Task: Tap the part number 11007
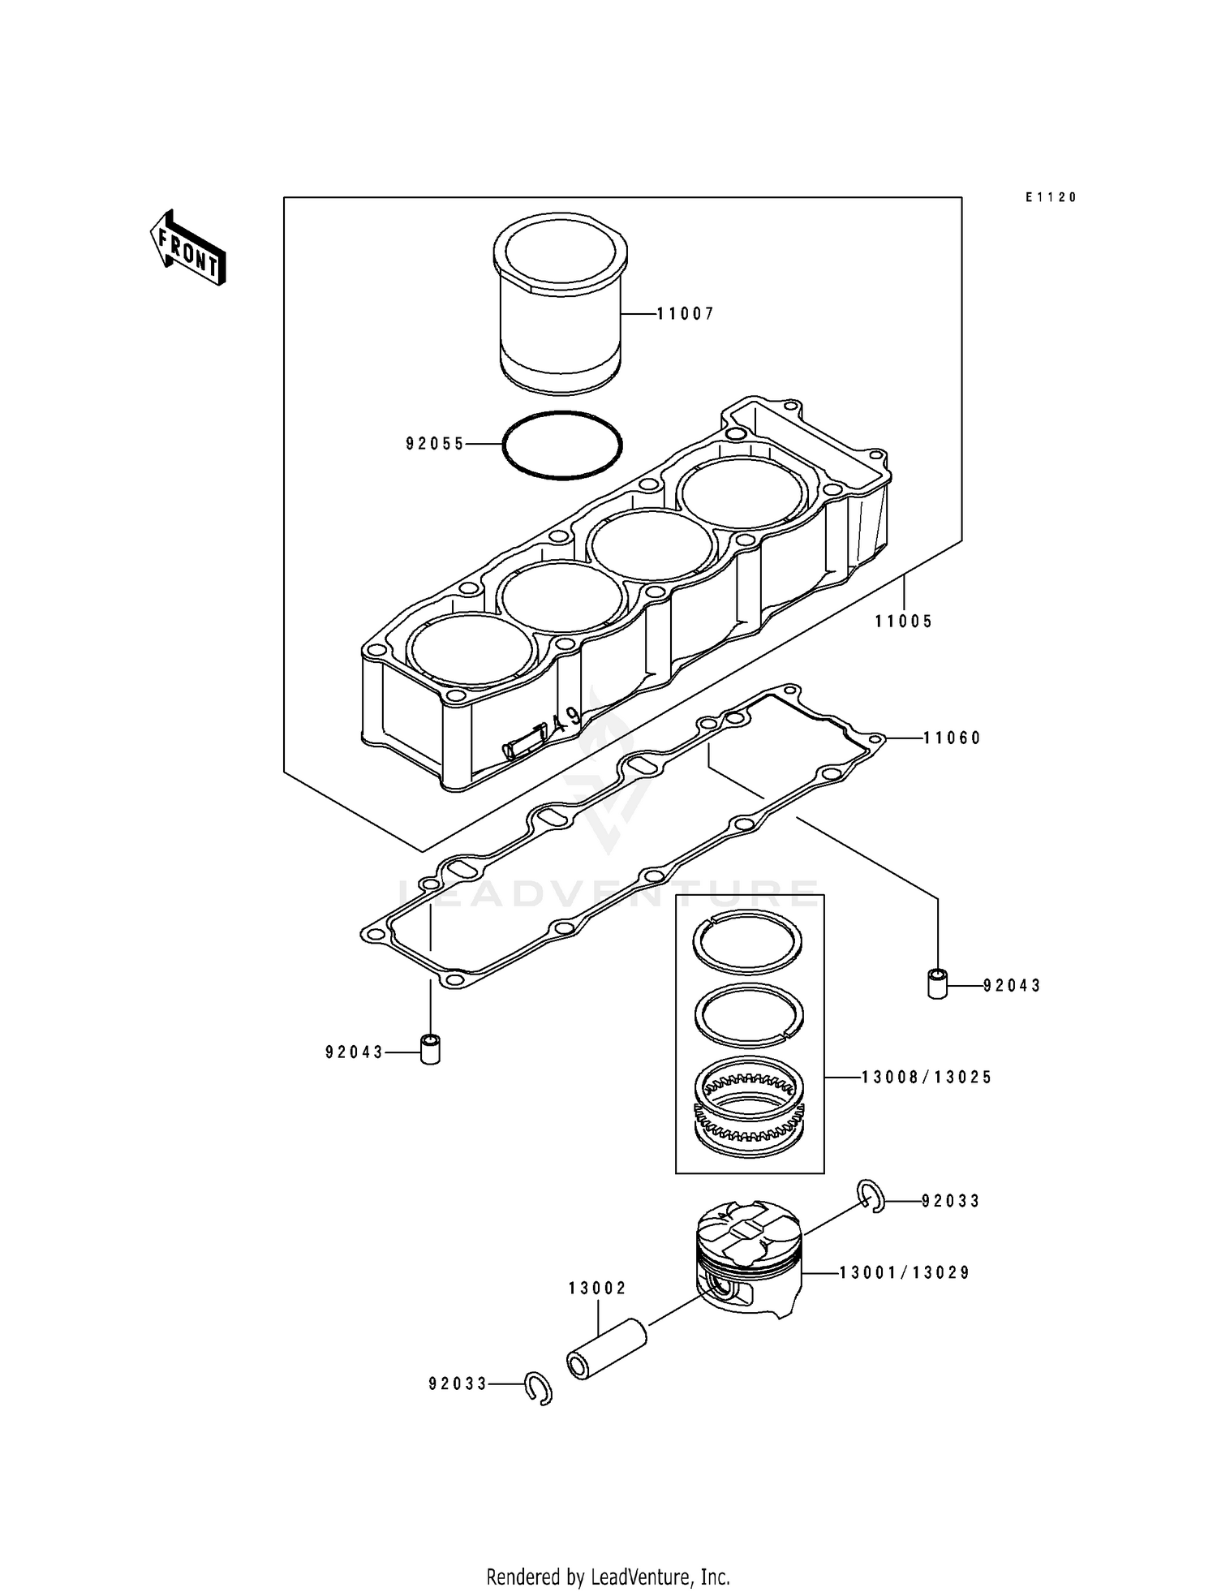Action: click(x=686, y=313)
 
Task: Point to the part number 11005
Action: click(x=903, y=622)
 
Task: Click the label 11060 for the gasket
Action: click(x=952, y=738)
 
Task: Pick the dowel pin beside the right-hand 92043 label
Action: click(x=937, y=984)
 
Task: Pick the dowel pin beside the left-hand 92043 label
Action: click(x=430, y=1050)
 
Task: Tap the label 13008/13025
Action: click(x=926, y=1078)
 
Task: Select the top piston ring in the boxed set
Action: click(x=748, y=940)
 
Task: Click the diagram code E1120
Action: click(x=1050, y=197)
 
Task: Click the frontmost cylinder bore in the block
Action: click(x=472, y=649)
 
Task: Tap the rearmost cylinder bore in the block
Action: click(x=743, y=495)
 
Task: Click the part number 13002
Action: click(x=597, y=1289)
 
